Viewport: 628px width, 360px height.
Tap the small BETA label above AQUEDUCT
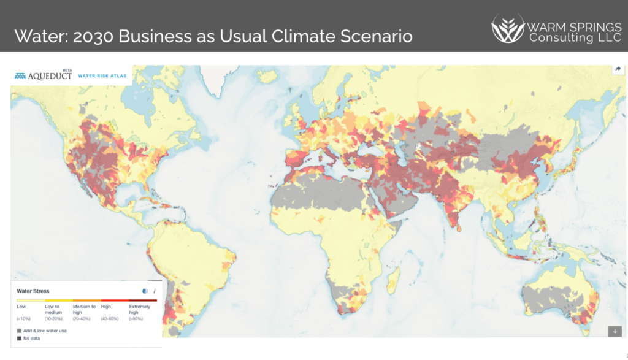click(67, 70)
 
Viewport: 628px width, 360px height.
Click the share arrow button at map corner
click(618, 69)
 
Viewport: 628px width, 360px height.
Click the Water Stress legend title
click(33, 291)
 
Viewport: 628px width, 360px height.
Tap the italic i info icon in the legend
click(154, 291)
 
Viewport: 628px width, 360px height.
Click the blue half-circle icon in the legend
click(145, 291)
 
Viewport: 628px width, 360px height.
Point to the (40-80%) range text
click(109, 318)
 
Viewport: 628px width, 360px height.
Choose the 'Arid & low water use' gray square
click(20, 331)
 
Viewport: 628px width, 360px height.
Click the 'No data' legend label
click(32, 338)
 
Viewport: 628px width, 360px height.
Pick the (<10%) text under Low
click(25, 318)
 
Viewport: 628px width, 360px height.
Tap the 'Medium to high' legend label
click(84, 308)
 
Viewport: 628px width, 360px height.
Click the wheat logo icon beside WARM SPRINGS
click(507, 28)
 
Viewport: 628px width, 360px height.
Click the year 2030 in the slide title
click(93, 36)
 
